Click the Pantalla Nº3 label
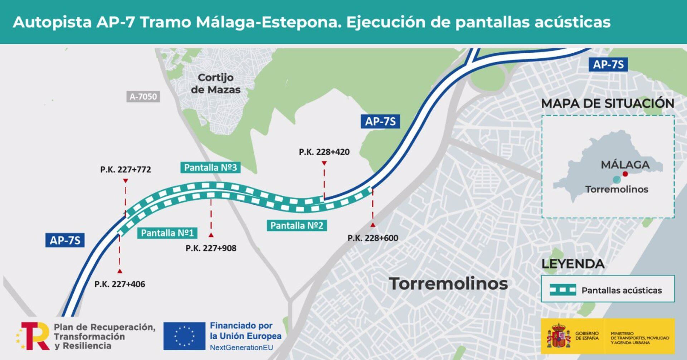(210, 167)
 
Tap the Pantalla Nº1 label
(167, 233)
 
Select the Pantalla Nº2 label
(297, 225)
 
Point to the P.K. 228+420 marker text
(324, 152)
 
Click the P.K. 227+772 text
(126, 169)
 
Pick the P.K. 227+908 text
(211, 248)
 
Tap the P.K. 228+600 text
(372, 238)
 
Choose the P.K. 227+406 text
(120, 284)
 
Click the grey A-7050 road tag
(143, 97)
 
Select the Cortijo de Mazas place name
(215, 83)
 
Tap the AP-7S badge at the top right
(608, 65)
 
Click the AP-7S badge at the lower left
(65, 240)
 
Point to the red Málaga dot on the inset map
(625, 174)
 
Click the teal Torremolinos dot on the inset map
(616, 179)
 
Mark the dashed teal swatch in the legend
(563, 290)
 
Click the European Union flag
(184, 336)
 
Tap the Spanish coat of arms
(558, 336)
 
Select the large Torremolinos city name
(448, 283)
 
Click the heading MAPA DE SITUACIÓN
(608, 103)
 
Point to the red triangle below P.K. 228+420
(324, 163)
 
